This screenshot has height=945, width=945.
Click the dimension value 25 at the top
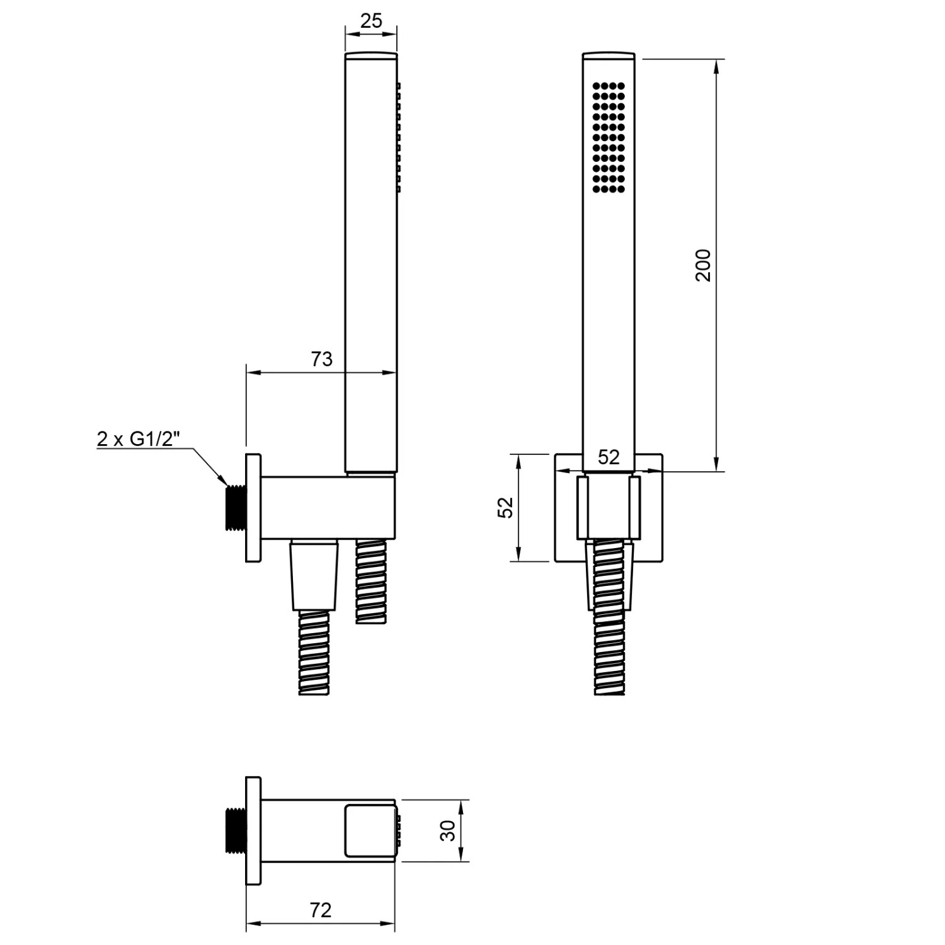coord(371,21)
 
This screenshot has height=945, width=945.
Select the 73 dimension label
coord(321,359)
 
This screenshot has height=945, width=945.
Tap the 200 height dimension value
coord(703,265)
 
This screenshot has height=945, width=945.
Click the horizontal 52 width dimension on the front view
coord(609,457)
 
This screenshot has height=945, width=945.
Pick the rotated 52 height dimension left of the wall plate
coord(506,507)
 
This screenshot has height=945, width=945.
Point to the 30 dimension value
coord(448,830)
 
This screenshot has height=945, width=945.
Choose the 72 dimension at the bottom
coord(320,910)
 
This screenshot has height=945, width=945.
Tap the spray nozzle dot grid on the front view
coord(609,137)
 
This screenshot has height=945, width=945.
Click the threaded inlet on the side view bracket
coord(235,507)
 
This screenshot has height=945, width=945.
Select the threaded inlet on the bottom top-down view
coord(235,830)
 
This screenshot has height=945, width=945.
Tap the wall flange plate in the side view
coord(253,507)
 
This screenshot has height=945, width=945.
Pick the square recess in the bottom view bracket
coord(369,830)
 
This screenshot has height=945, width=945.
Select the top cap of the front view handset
coord(609,55)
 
